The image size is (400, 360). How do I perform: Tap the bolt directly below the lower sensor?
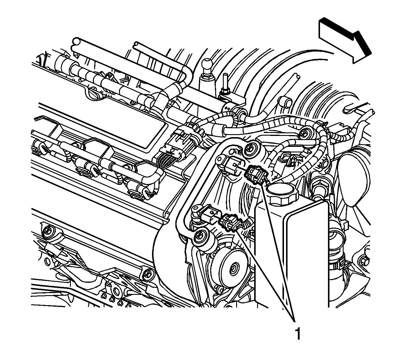(200, 235)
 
